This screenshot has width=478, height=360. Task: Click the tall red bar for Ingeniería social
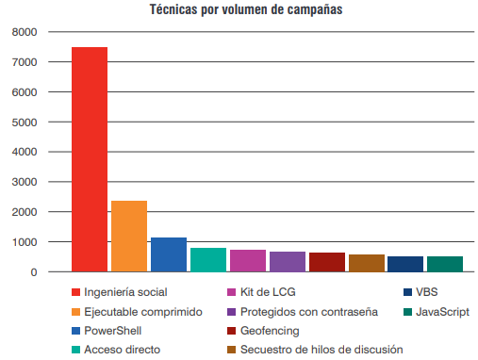[x=90, y=159]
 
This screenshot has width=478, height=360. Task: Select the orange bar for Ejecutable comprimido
[x=129, y=237]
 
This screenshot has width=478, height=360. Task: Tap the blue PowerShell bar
[x=169, y=254]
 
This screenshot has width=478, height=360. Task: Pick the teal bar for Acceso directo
[x=208, y=260]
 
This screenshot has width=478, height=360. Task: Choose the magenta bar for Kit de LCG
[x=248, y=261]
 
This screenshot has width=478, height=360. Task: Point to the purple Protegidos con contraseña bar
[x=288, y=262]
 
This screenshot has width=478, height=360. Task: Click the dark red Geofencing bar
[x=327, y=262]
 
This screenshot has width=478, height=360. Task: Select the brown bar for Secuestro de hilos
[x=367, y=263]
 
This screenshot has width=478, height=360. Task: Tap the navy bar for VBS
[x=405, y=264]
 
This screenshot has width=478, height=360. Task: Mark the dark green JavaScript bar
[x=445, y=264]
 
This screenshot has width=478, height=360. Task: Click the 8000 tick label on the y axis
[x=25, y=32]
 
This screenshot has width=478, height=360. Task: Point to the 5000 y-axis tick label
[x=25, y=123]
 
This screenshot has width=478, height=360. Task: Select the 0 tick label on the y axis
[x=34, y=272]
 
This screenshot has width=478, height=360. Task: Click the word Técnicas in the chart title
[x=173, y=9]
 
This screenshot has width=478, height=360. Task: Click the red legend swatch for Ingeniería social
[x=75, y=292]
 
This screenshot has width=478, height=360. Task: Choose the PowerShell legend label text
[x=113, y=331]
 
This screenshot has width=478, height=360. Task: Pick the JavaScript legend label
[x=442, y=312]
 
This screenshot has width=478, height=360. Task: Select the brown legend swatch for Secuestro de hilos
[x=231, y=350]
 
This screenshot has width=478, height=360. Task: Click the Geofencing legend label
[x=270, y=331]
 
